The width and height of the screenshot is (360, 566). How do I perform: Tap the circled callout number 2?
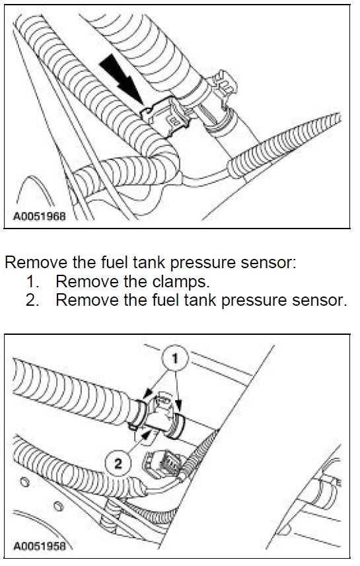click(118, 463)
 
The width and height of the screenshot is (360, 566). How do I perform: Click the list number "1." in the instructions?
click(34, 281)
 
